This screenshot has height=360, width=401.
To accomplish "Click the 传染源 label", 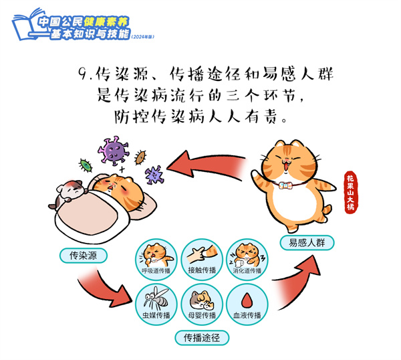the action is tap(84, 256).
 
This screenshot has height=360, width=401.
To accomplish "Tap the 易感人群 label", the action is tap(307, 242).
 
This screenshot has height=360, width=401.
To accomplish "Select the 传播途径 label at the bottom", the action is tap(202, 338).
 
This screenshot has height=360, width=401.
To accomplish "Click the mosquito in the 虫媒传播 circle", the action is tap(156, 298).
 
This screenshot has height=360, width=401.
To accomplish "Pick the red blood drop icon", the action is tap(247, 300).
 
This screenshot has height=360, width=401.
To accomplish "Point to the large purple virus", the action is tap(114, 150).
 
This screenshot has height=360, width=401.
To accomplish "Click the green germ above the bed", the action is tap(86, 165).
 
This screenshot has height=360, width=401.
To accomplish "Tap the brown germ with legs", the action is tap(140, 157).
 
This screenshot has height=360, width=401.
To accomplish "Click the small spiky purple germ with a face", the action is tap(154, 175).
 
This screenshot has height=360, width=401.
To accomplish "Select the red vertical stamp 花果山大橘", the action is tap(351, 192).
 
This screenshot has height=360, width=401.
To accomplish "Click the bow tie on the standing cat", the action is tap(286, 185).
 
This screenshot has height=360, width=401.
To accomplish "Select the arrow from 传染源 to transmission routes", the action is tap(105, 288).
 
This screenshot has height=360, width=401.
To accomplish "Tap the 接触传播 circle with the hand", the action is tap(202, 260).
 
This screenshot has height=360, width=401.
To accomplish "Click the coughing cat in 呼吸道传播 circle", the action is tap(155, 255).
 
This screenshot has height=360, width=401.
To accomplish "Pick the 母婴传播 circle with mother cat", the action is tap(202, 304).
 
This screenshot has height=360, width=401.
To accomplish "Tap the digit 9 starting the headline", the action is tap(84, 74).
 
